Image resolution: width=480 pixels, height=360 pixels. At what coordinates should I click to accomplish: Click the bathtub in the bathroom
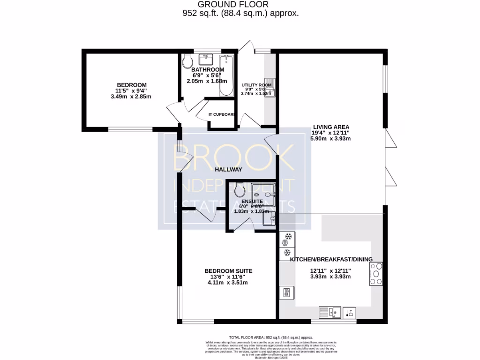tap(226, 75)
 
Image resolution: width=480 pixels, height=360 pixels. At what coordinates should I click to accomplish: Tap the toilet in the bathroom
tap(188, 61)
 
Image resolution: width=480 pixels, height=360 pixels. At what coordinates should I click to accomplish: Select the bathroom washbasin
tap(206, 60)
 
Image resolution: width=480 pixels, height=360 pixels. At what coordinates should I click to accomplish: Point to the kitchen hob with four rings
tap(376, 274)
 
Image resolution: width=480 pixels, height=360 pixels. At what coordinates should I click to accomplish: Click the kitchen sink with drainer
tap(330, 312)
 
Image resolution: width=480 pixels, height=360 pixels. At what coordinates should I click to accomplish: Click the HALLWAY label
tap(229, 170)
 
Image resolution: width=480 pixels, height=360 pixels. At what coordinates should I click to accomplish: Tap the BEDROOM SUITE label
tap(228, 271)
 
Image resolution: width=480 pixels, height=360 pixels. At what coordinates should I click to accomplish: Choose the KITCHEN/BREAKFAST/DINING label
tap(331, 259)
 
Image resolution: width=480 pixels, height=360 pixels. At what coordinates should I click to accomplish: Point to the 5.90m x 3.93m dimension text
tap(331, 139)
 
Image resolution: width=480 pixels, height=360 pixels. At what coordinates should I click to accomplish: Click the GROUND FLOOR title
tap(240, 5)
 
